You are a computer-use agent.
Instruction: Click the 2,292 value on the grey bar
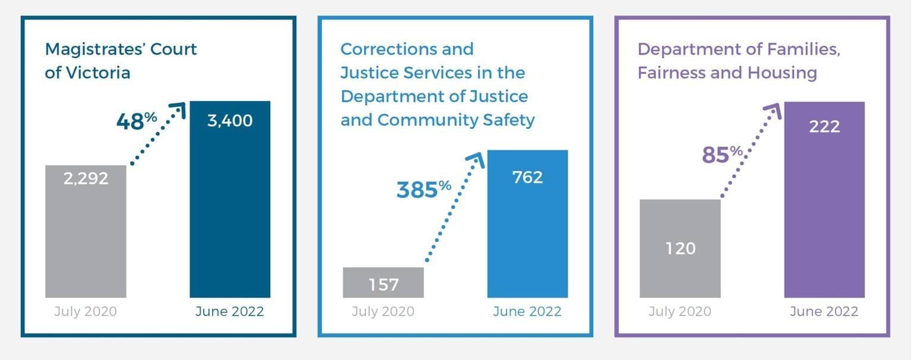click(x=86, y=178)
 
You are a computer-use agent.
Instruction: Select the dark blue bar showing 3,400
click(x=230, y=199)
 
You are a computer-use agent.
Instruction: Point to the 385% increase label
click(x=423, y=190)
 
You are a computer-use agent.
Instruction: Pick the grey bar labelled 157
click(x=383, y=283)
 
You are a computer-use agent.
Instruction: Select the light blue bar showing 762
click(x=527, y=223)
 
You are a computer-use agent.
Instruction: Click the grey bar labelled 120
click(x=680, y=248)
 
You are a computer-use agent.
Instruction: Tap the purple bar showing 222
click(x=824, y=199)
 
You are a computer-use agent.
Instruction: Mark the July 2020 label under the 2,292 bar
click(x=85, y=311)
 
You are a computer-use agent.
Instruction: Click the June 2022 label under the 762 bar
click(x=527, y=311)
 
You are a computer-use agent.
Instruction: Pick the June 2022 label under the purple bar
click(x=824, y=311)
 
